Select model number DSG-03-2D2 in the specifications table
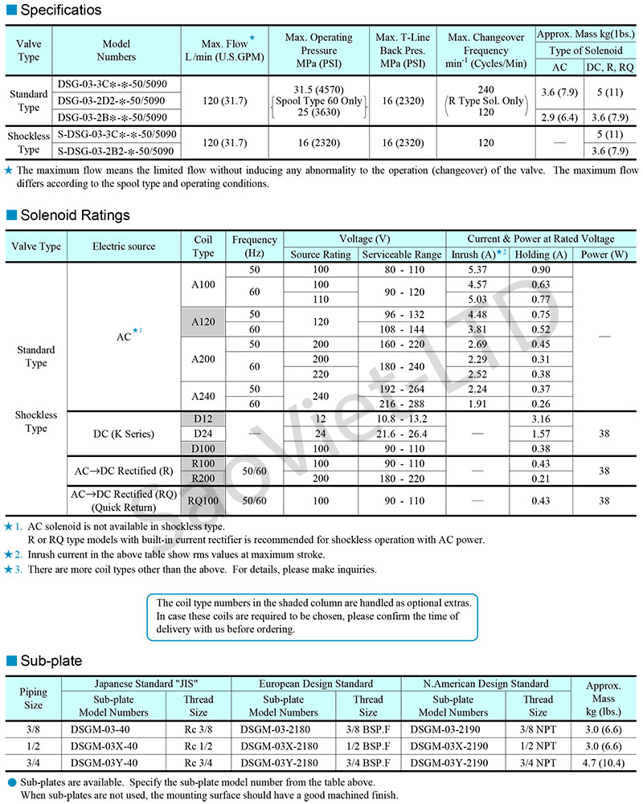[113, 100]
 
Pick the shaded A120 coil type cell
[204, 321]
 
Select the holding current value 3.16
[541, 418]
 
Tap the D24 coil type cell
[204, 434]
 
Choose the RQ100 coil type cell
[204, 500]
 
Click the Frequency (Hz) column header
[254, 246]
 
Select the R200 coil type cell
[204, 477]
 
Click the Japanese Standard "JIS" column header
[151, 684]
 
